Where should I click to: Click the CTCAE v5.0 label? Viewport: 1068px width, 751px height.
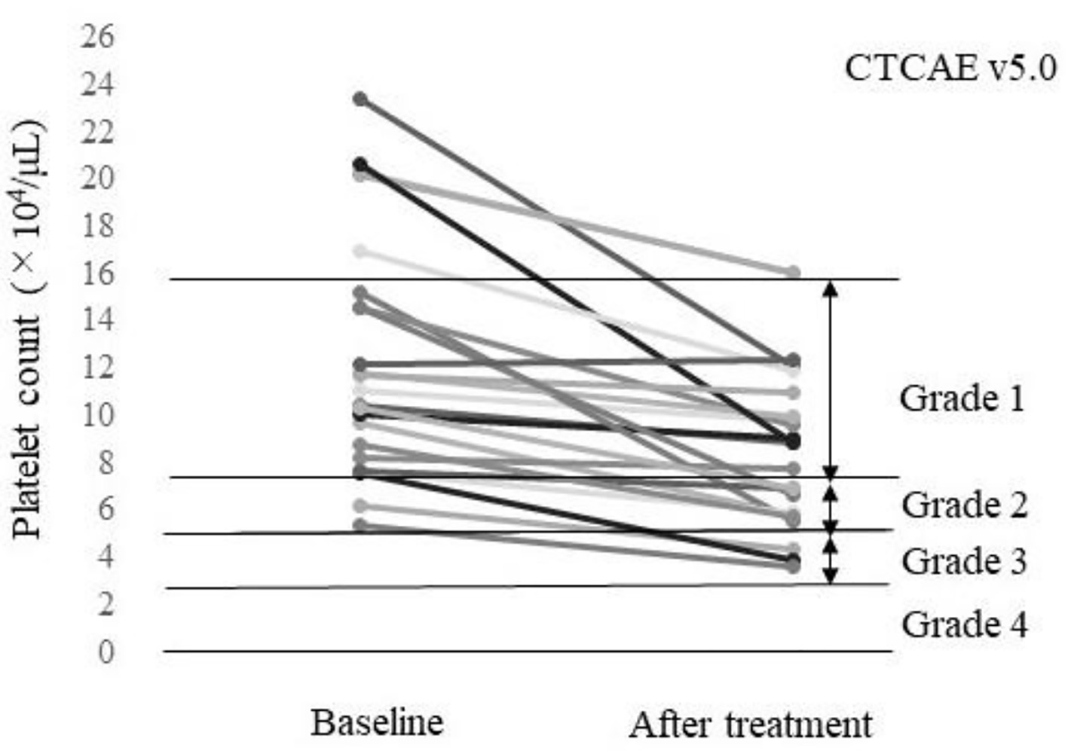pos(950,69)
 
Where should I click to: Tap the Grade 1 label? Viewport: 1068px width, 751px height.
pos(962,398)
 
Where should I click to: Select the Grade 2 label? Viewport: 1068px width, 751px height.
pos(963,505)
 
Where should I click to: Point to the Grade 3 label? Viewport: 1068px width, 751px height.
pos(963,561)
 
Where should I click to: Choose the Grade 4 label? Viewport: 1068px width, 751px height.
pos(963,624)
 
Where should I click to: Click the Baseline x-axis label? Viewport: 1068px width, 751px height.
pos(376,723)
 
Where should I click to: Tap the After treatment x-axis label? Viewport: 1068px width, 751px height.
pos(750,725)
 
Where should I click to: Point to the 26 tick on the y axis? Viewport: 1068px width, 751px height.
pos(98,36)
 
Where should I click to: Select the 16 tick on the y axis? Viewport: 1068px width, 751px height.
pos(98,273)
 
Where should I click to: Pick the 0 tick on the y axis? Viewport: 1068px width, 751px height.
pos(106,652)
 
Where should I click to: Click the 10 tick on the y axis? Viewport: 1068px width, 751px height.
pos(98,415)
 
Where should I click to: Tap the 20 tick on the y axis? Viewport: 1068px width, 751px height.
pos(98,179)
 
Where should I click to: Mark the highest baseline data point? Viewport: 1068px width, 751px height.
pos(361,99)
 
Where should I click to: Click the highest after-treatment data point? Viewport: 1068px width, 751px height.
pos(793,272)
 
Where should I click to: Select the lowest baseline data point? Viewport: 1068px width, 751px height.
pos(361,525)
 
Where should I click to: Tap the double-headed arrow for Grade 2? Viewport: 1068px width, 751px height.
pos(830,505)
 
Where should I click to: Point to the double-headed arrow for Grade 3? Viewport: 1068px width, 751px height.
pos(830,559)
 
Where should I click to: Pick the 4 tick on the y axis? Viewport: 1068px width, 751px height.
pos(106,557)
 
